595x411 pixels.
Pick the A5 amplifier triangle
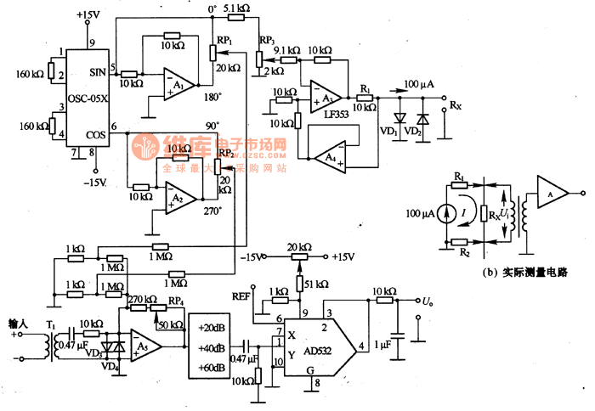(x=145, y=345)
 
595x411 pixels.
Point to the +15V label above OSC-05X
(x=88, y=14)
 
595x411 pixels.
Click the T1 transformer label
(x=51, y=325)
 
